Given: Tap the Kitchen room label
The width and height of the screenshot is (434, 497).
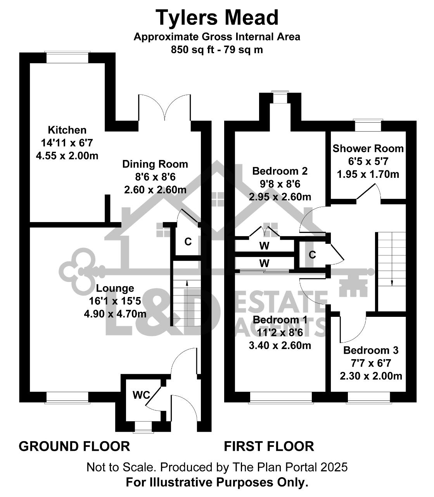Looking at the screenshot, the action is [67, 130].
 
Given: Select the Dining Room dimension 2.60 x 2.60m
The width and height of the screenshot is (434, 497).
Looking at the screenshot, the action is [155, 190].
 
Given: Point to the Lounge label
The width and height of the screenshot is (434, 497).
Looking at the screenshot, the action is [115, 288].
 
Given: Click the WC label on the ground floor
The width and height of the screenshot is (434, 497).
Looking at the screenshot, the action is [142, 395].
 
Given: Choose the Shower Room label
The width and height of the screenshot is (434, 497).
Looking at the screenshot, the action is [368, 149].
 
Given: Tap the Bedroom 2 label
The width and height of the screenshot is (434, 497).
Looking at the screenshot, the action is [280, 171].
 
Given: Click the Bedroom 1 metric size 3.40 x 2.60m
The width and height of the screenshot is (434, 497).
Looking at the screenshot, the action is [280, 346].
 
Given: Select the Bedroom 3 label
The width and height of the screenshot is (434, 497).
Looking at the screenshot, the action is [371, 350].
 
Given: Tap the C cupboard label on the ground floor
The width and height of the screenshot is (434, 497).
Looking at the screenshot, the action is [188, 242].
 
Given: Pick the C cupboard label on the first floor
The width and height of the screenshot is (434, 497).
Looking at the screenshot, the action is [312, 255].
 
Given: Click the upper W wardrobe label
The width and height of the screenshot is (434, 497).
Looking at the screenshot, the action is [264, 246].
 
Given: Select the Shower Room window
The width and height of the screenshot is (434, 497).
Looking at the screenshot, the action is [368, 125].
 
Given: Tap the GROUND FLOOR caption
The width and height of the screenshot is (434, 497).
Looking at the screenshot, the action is [74, 447].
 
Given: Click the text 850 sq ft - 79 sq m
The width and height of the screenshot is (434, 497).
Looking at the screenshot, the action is [217, 50].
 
